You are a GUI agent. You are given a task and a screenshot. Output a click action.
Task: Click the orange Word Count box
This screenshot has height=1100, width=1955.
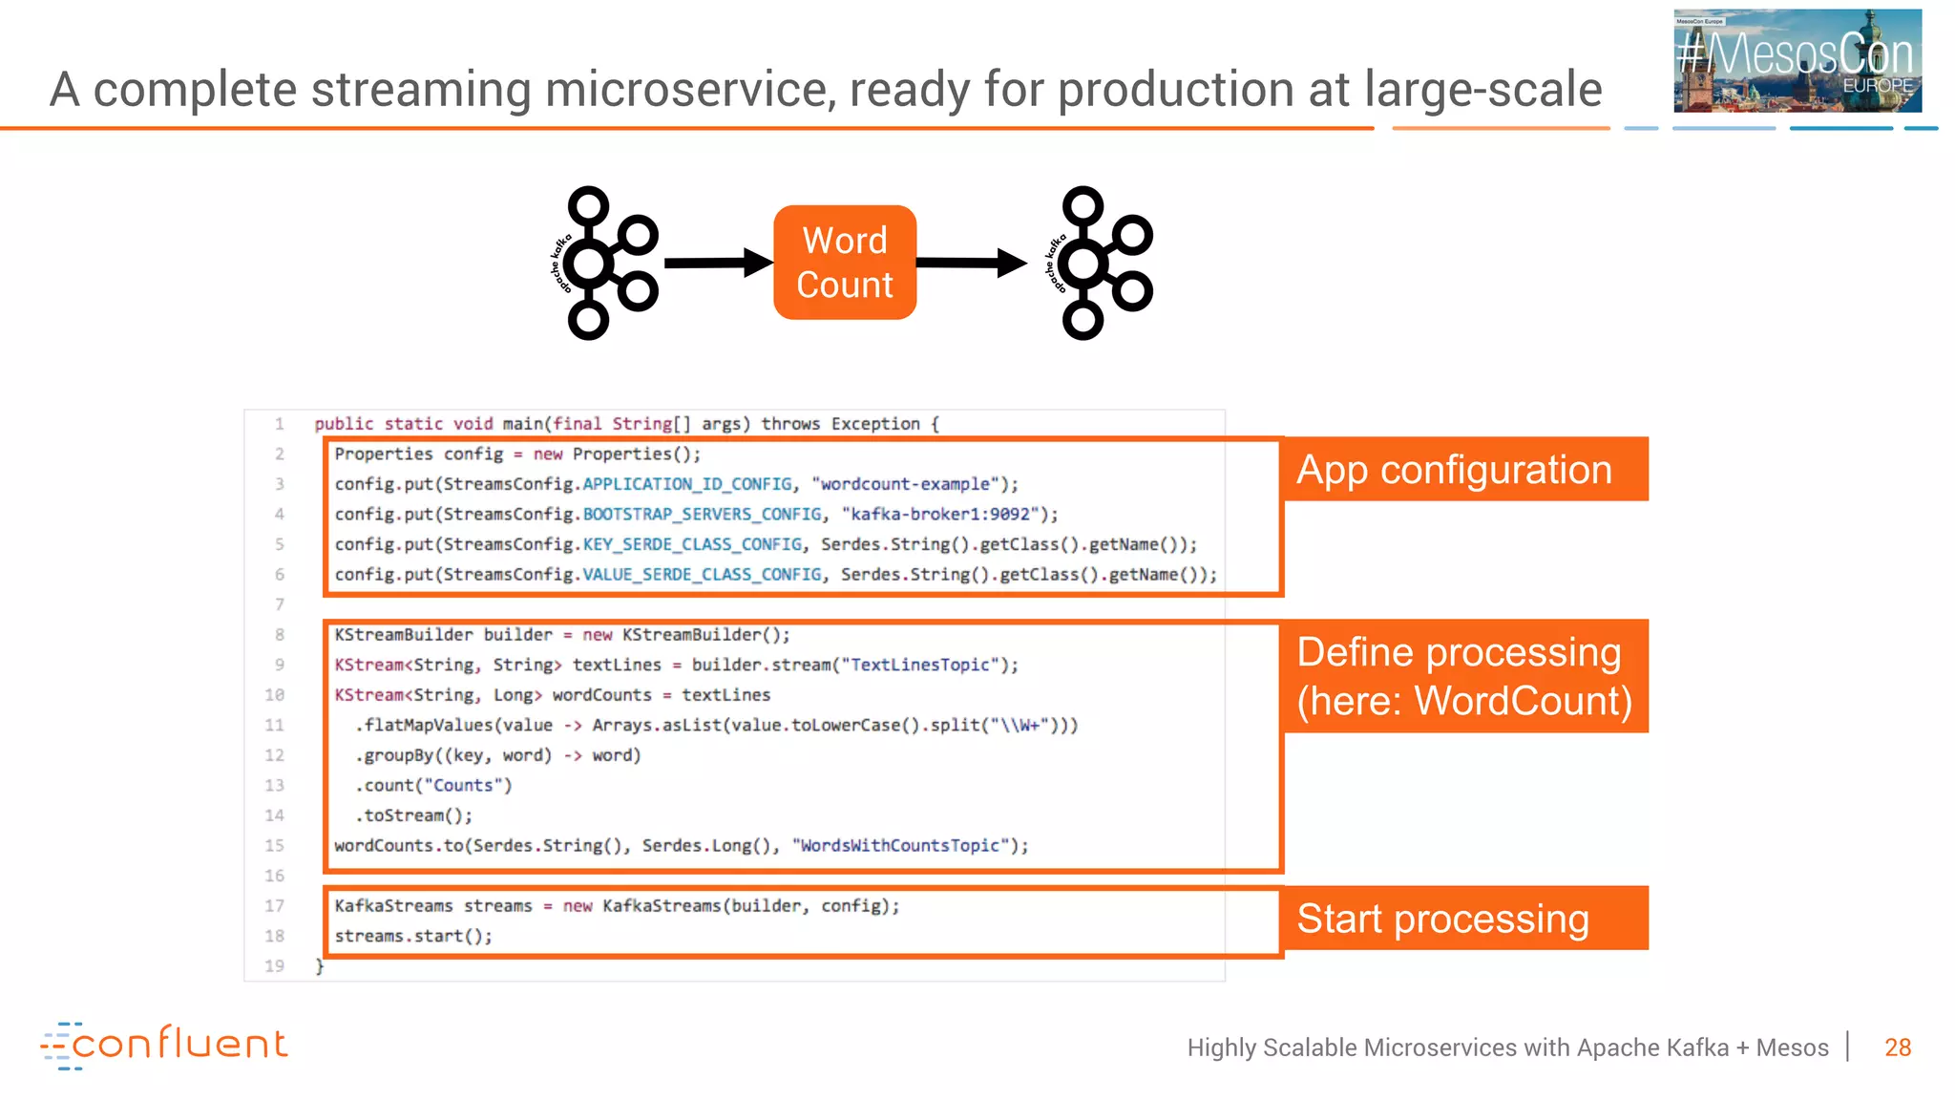click(845, 263)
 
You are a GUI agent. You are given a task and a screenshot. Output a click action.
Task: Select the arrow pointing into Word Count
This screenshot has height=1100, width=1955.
click(717, 263)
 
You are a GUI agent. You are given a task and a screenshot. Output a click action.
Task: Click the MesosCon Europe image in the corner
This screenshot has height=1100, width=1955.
click(1797, 60)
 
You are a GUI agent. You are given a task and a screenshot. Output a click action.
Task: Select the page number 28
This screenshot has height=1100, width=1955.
click(1897, 1047)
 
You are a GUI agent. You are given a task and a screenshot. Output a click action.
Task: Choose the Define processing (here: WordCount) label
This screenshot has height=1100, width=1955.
click(1464, 676)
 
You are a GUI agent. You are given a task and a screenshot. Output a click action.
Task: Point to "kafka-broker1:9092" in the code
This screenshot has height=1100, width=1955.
click(940, 515)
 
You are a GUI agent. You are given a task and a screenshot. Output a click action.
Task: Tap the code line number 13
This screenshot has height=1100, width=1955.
click(275, 785)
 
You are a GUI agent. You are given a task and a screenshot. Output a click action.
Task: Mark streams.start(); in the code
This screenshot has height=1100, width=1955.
click(413, 936)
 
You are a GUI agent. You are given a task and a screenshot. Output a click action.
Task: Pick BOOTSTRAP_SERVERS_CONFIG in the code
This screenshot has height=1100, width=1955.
click(702, 515)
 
